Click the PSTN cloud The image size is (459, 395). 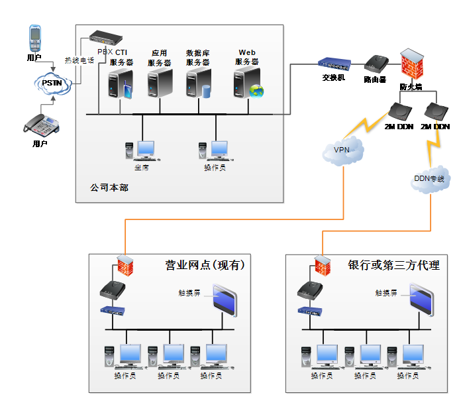pyautogui.click(x=52, y=84)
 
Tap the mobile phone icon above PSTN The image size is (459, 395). pyautogui.click(x=35, y=38)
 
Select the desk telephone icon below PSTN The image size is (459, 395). pyautogui.click(x=40, y=124)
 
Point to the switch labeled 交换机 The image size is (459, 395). pyautogui.click(x=334, y=64)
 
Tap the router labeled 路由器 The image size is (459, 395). pyautogui.click(x=376, y=64)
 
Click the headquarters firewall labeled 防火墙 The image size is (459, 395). pyautogui.click(x=411, y=64)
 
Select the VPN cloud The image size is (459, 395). pyautogui.click(x=342, y=150)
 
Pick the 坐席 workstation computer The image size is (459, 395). pyautogui.click(x=142, y=150)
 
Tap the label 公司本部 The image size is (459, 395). pyautogui.click(x=109, y=188)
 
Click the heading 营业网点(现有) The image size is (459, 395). pyautogui.click(x=205, y=265)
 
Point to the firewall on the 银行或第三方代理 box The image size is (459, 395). pyautogui.click(x=321, y=265)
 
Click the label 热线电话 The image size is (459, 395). pyautogui.click(x=79, y=60)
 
